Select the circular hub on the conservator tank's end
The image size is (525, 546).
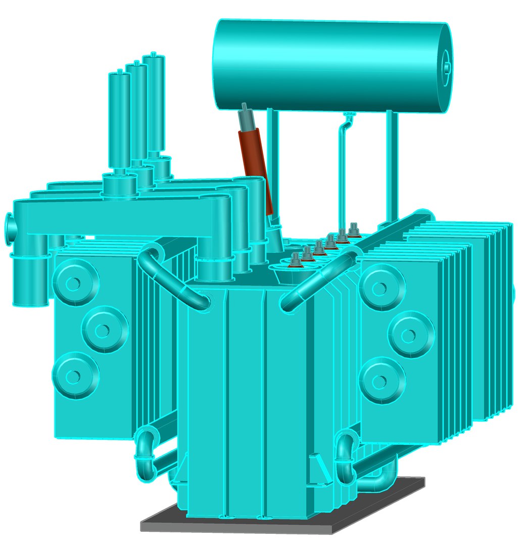pyautogui.click(x=447, y=65)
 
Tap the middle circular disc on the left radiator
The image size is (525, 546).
pyautogui.click(x=103, y=330)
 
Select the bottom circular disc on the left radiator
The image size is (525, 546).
pyautogui.click(x=74, y=376)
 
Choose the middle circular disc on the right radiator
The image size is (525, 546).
pyautogui.click(x=411, y=334)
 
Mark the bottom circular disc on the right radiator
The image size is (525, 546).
pyautogui.click(x=382, y=380)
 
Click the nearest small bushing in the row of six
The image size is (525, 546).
pyautogui.click(x=296, y=261)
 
